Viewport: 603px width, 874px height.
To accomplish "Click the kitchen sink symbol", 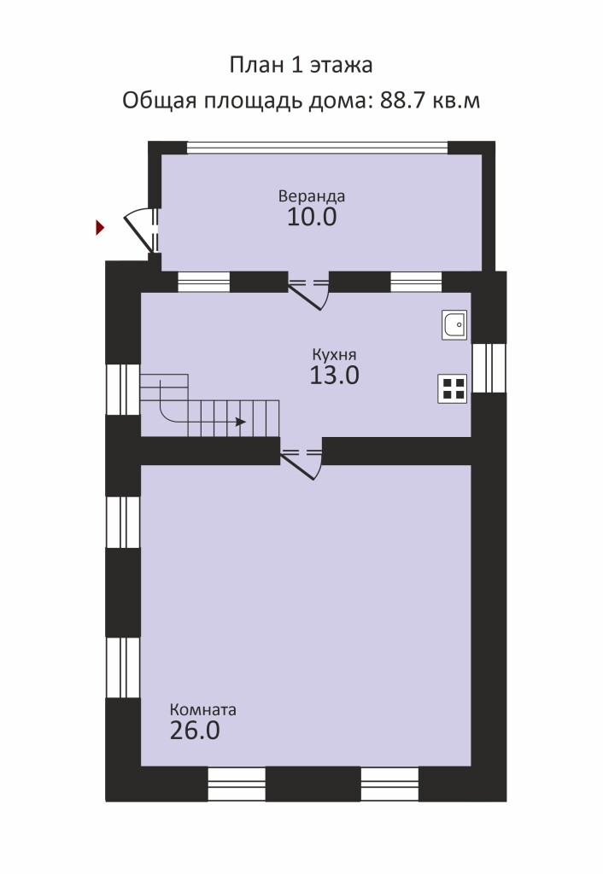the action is (454, 324).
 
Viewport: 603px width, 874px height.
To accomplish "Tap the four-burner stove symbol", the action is (453, 388).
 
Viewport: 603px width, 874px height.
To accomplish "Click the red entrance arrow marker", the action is (101, 227).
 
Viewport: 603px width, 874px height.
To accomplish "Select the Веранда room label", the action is (312, 196).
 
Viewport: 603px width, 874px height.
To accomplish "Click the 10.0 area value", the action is (312, 217).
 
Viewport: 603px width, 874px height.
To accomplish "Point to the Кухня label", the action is (334, 355).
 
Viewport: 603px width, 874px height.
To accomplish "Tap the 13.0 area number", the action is (334, 376).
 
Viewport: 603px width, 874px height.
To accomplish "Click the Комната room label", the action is (203, 709).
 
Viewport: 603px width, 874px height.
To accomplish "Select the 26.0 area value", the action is (195, 731).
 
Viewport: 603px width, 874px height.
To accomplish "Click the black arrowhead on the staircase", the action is (240, 422).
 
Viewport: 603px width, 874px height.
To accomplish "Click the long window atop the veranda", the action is (318, 147).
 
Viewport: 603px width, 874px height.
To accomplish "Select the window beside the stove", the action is (489, 368).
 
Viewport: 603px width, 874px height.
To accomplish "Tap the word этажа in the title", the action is (341, 65).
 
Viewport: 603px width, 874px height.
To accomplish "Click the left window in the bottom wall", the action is (237, 784).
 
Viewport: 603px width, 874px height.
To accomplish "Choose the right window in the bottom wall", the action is (389, 784).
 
